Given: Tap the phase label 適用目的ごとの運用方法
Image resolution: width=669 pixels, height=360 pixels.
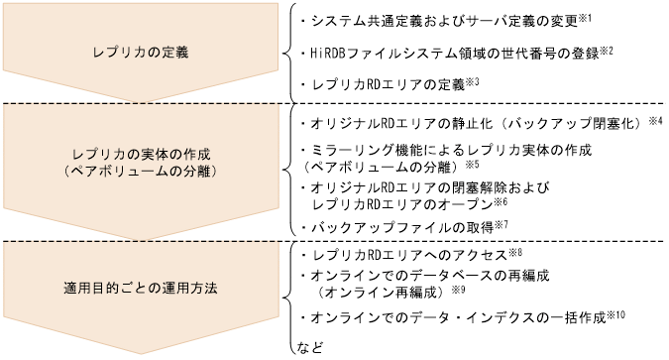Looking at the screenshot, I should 141,289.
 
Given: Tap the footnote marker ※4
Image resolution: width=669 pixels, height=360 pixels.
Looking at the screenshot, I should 655,120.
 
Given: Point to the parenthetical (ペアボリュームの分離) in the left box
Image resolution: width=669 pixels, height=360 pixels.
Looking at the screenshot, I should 141,170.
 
